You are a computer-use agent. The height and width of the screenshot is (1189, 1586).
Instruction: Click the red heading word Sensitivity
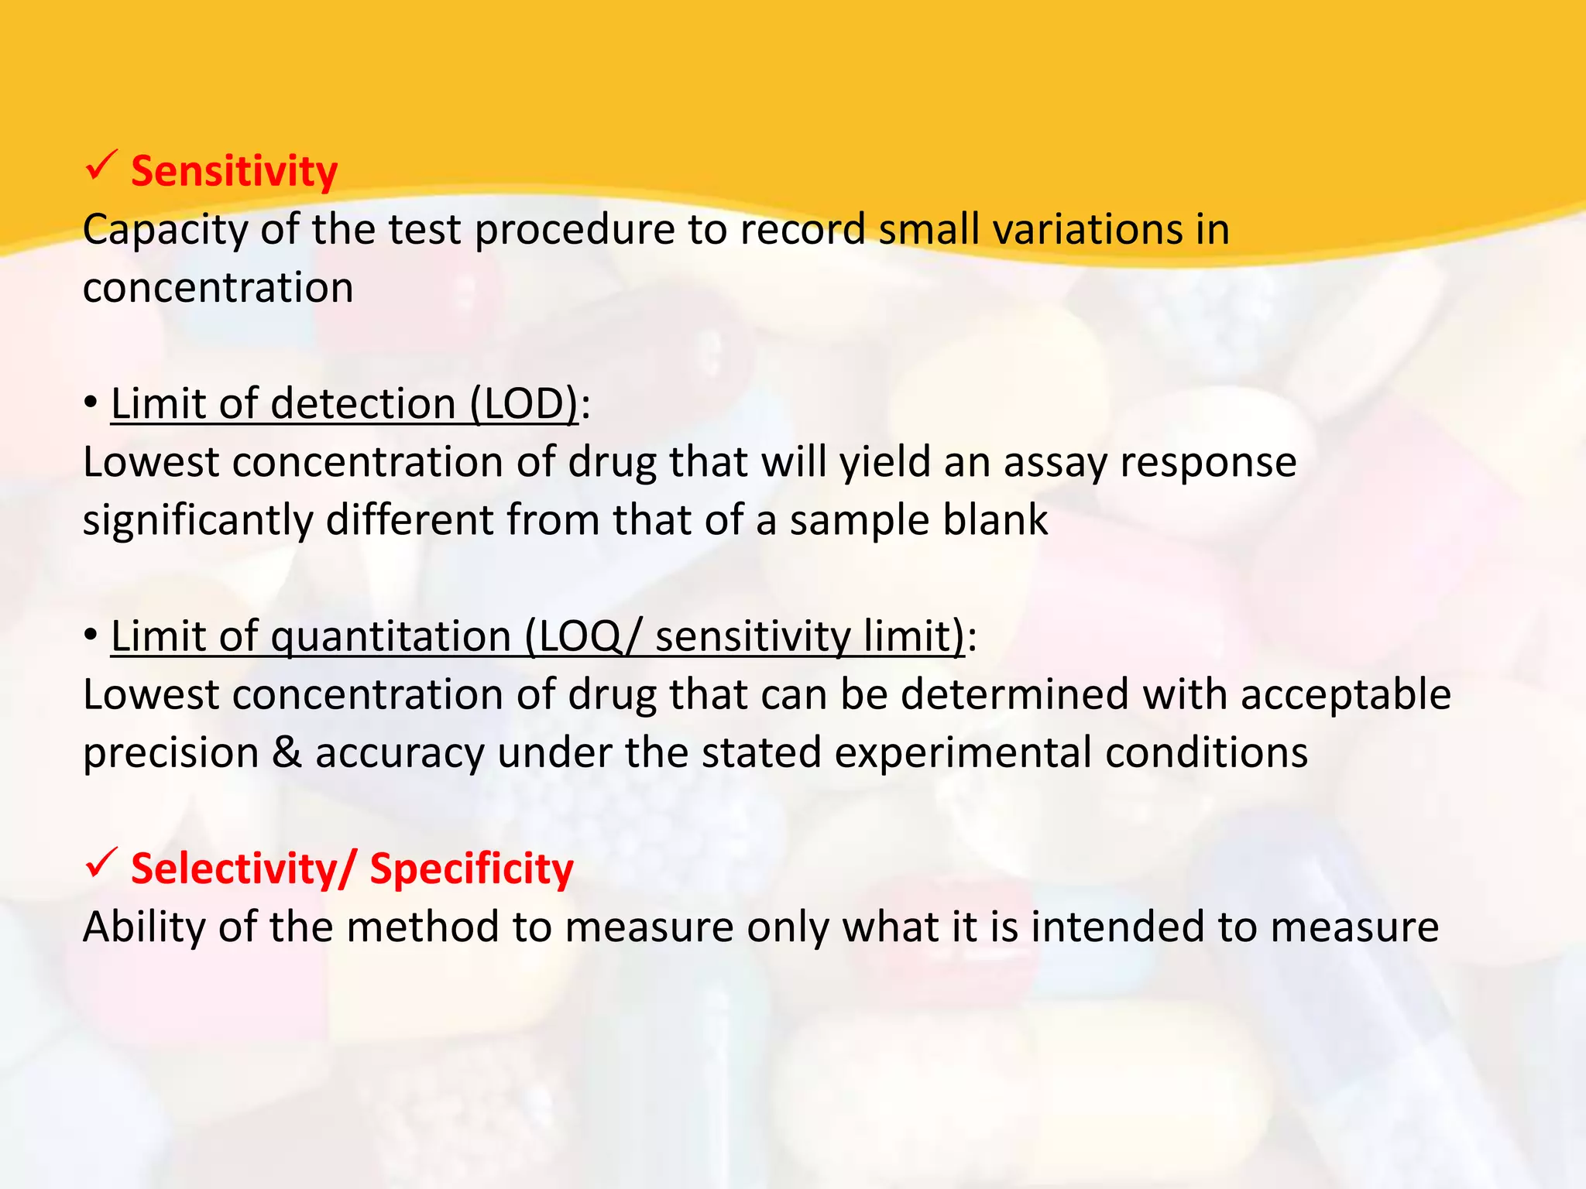tap(234, 171)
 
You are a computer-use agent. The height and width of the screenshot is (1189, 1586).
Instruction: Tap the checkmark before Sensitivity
tap(101, 166)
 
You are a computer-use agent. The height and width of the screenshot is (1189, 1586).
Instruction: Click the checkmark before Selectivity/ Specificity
tap(101, 862)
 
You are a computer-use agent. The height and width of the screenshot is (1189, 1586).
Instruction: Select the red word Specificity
tap(472, 869)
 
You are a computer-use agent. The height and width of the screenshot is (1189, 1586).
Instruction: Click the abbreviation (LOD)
tap(524, 404)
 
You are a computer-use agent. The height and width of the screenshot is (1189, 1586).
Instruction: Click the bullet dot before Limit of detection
tap(91, 403)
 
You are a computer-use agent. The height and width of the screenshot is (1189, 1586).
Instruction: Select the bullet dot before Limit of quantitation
tap(91, 636)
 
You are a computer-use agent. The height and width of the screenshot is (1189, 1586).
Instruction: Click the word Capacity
tap(166, 231)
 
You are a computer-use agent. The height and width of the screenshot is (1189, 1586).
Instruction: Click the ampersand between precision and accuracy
tap(287, 752)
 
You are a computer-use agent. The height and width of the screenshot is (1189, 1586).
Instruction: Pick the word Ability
tap(143, 927)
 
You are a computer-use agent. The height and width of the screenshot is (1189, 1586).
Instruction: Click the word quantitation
tap(390, 637)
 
